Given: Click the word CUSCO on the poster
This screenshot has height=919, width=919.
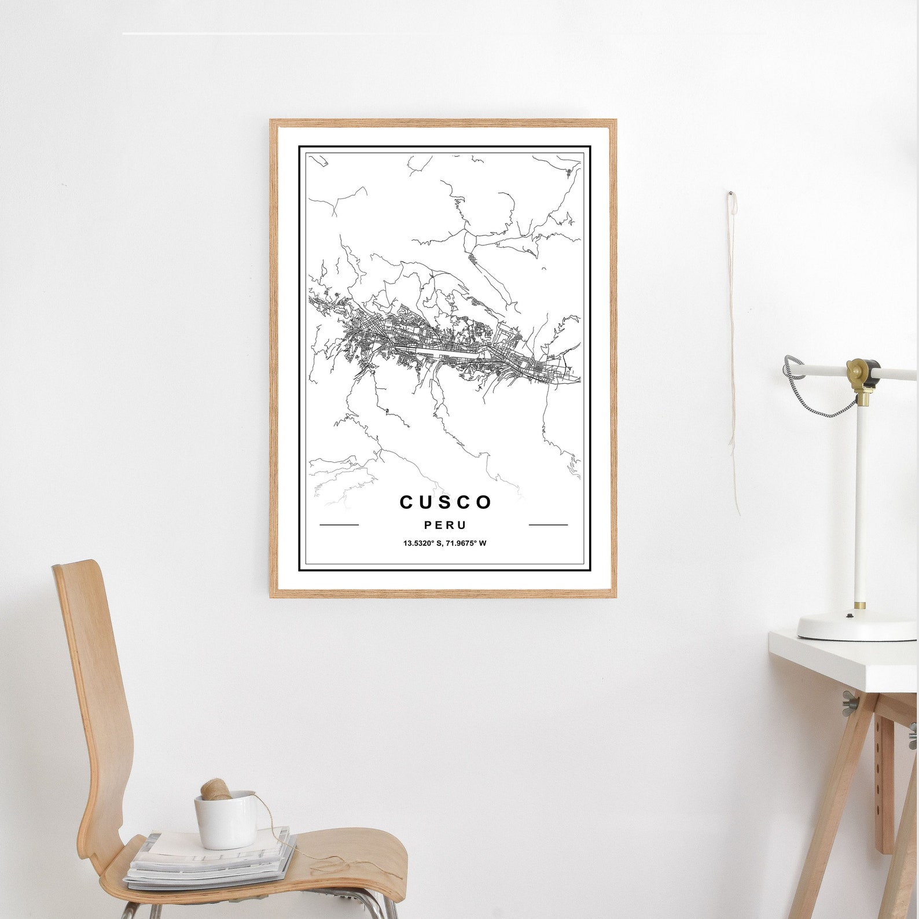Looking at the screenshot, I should tap(445, 502).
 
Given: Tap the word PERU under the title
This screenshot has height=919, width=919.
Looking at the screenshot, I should tap(444, 525).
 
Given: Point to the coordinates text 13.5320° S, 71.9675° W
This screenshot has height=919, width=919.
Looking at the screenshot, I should tap(444, 543).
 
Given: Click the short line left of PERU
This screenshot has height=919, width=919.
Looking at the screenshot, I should tap(339, 525).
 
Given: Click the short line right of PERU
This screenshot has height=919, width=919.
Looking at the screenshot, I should tap(548, 525).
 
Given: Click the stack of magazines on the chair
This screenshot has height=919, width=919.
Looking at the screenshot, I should tap(208, 862).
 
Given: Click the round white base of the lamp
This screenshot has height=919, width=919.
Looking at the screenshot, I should tap(856, 628).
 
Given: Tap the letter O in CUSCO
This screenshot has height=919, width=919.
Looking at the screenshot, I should tap(484, 502).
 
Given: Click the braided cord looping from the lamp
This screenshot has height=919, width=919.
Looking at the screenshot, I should tap(822, 399).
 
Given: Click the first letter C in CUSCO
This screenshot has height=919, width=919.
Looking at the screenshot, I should tap(406, 502).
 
